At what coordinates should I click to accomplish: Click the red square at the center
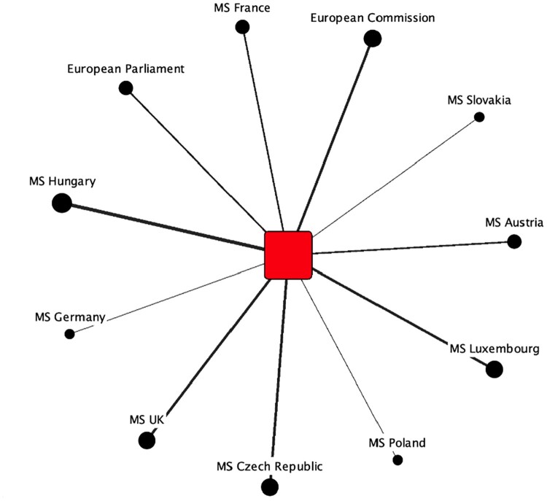[288, 255]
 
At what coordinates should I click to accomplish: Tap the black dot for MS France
[243, 27]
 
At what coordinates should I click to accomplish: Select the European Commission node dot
[373, 39]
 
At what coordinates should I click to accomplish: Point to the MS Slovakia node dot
[479, 117]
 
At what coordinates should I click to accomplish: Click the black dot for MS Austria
[514, 242]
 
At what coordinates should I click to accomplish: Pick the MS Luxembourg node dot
[494, 369]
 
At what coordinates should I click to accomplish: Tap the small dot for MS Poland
[397, 459]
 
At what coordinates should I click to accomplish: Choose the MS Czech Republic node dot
[270, 486]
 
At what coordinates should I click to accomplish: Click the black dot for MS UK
[147, 440]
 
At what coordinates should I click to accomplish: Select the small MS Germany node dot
[69, 334]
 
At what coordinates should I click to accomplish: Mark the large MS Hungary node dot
[61, 203]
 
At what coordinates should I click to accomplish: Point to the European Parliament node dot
[125, 88]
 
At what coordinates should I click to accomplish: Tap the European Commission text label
[372, 17]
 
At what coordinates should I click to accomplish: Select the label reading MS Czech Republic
[269, 466]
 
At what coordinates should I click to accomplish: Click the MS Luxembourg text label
[494, 349]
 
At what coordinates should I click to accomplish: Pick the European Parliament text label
[125, 69]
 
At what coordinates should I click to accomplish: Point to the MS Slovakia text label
[479, 100]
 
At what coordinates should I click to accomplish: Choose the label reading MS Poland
[397, 443]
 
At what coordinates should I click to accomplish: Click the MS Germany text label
[70, 317]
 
